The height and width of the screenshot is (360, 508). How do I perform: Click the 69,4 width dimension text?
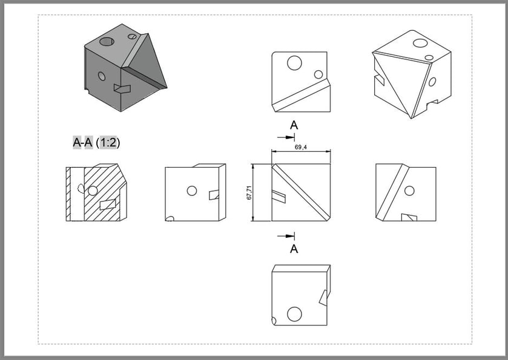pos(300,147)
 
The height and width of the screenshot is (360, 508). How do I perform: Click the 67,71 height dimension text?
pos(249,192)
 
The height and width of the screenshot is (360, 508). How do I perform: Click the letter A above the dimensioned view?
pos(294,125)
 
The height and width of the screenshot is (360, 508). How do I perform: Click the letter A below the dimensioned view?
pos(294,249)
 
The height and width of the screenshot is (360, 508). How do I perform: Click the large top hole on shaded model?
pos(107,42)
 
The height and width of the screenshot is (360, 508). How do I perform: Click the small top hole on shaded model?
pos(133,37)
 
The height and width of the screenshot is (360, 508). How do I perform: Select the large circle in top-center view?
pos(295,62)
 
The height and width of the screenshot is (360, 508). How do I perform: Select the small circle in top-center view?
pos(318,74)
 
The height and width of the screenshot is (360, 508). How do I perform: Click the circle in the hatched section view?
pos(93,191)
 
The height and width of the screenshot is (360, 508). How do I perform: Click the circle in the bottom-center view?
pos(294,314)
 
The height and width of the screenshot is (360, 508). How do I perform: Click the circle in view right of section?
pos(192,191)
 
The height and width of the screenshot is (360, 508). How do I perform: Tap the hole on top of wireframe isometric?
pos(418,43)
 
